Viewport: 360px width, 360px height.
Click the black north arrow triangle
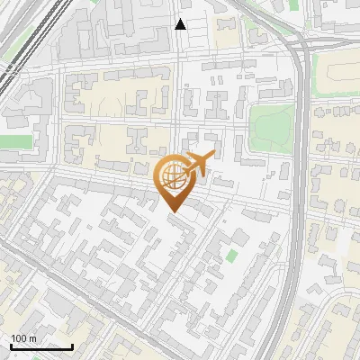tap(180, 24)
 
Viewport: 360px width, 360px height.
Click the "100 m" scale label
tap(23, 338)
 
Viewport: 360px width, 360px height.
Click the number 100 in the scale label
tap(18, 338)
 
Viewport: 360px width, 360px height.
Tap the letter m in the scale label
tap(31, 338)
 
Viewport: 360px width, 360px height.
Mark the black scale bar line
tap(40, 346)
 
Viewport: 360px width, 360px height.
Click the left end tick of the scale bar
tap(10, 345)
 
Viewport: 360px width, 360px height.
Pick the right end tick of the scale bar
tap(72, 345)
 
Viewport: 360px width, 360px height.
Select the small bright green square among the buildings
tap(232, 256)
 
